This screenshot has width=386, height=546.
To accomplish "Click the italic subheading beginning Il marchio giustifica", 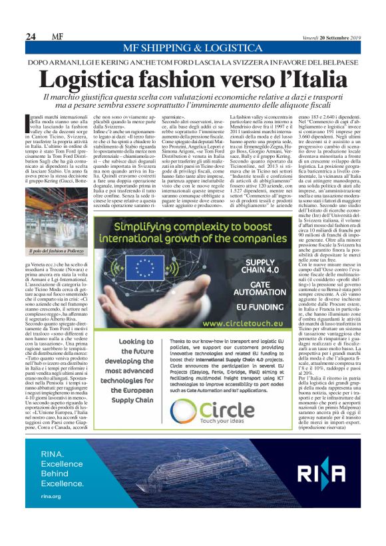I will [193, 101].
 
